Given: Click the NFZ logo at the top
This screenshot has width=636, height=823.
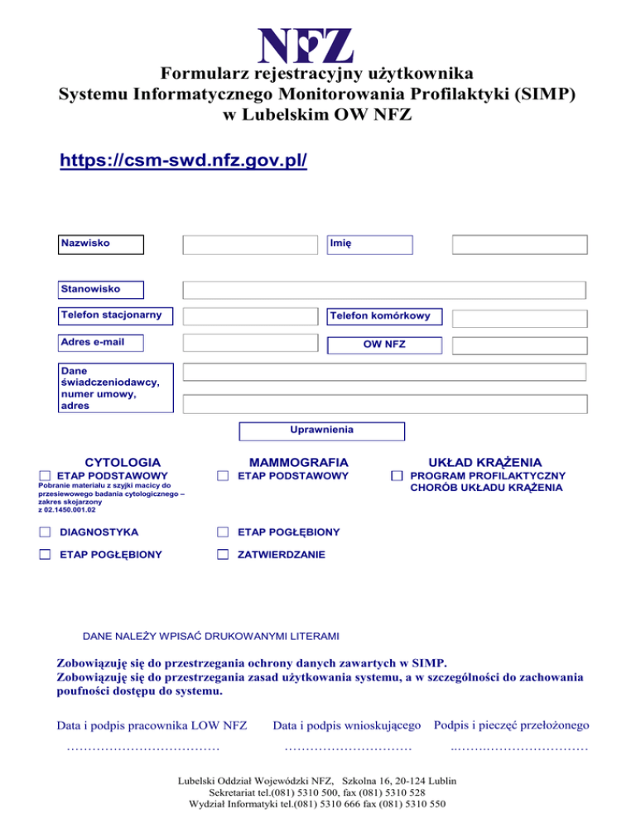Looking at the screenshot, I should [x=306, y=46].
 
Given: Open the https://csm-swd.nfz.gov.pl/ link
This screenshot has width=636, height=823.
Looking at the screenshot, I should [x=184, y=158].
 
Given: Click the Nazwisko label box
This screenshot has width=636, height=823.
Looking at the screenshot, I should [x=101, y=244].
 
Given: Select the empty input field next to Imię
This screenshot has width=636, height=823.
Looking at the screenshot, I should [x=519, y=244].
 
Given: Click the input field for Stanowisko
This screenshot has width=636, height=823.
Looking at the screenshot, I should [x=384, y=290].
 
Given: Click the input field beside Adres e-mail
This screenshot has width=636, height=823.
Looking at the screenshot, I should [x=250, y=343].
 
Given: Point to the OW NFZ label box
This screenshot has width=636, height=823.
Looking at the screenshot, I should [x=384, y=344].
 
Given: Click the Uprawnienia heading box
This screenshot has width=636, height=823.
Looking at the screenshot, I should [x=322, y=431].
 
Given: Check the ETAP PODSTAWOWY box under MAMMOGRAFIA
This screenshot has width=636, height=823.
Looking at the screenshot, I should [x=222, y=476].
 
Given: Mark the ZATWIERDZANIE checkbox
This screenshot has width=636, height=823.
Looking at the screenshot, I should [x=222, y=554].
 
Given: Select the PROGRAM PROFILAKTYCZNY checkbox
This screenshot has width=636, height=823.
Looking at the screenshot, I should [x=397, y=476].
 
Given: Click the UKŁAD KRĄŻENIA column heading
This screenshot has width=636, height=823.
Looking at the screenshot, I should [x=484, y=461].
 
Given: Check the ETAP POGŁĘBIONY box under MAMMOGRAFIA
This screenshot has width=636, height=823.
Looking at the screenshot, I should [x=222, y=532].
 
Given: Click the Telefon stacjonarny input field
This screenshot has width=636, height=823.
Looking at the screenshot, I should [x=250, y=316].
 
